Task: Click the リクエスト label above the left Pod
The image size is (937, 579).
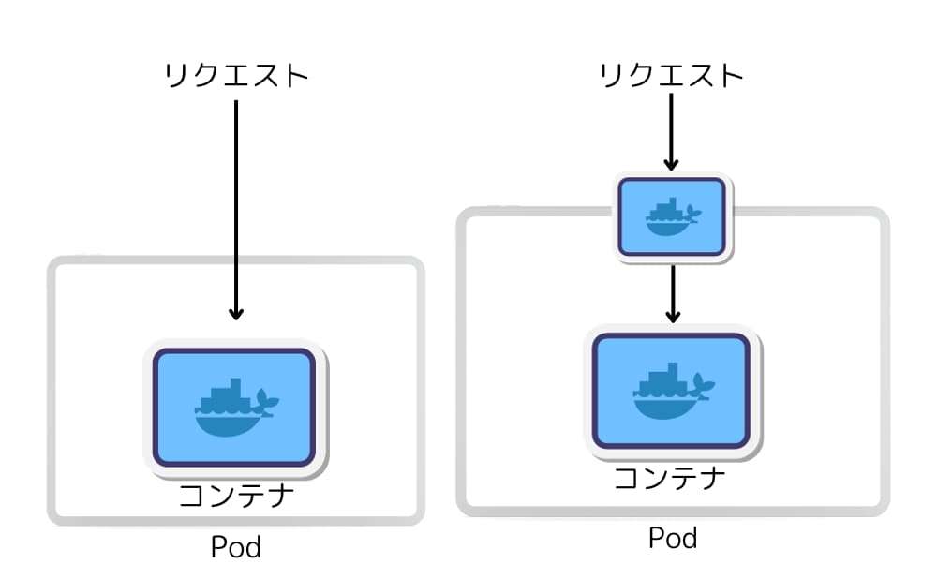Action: (236, 76)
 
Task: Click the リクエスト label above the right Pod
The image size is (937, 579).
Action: (671, 76)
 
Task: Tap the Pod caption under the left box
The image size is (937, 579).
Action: (236, 547)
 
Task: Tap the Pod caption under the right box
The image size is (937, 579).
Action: (673, 538)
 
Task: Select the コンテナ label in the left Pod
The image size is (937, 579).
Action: (236, 496)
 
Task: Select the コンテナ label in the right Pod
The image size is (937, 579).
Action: (670, 479)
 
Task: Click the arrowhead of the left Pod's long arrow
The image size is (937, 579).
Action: (236, 313)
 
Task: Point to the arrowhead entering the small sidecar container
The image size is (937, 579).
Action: (671, 164)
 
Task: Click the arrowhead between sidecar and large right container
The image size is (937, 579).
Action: (673, 316)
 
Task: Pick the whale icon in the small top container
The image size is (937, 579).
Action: (673, 217)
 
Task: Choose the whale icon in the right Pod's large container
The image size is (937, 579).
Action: (674, 391)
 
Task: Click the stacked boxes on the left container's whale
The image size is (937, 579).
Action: (225, 396)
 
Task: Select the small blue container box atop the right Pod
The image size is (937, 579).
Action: (672, 217)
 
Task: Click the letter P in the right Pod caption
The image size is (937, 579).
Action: (656, 537)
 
